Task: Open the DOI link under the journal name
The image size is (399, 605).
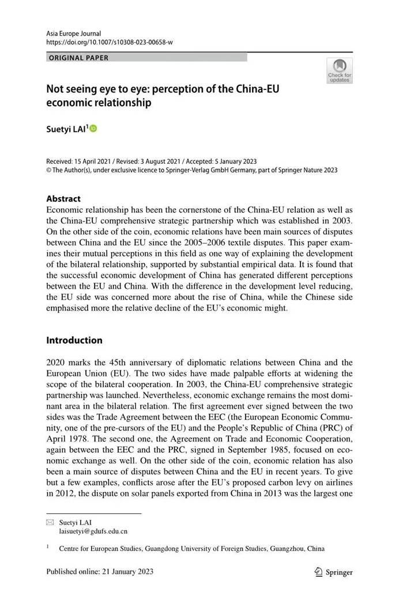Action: click(110, 43)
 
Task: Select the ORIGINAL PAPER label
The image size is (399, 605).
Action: click(78, 58)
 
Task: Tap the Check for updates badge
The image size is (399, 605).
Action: click(339, 71)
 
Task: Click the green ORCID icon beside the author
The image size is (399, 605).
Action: click(93, 129)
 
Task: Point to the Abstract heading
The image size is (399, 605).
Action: click(63, 198)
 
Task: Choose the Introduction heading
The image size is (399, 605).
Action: click(74, 340)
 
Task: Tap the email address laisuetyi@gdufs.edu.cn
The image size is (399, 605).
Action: click(93, 531)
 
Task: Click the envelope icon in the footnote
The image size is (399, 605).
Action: click(50, 522)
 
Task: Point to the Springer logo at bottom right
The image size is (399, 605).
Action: click(333, 572)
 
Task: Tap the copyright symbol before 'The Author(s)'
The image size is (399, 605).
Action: click(48, 170)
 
